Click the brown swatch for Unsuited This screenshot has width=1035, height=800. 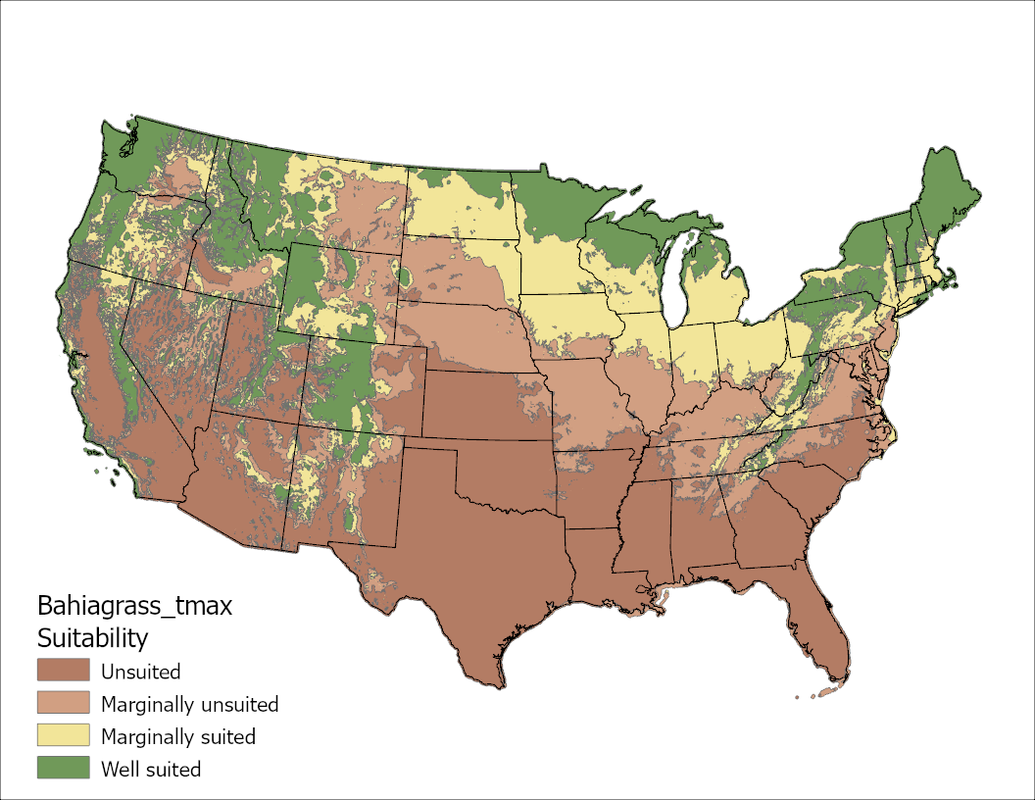63,672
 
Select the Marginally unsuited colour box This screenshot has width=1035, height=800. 63,704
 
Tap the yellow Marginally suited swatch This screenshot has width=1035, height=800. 63,736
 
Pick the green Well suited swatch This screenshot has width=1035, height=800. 63,769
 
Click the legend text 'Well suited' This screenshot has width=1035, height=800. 151,770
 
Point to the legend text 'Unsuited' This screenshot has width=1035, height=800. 140,673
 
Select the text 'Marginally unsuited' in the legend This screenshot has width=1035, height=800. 189,705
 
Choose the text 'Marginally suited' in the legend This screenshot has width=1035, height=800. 177,737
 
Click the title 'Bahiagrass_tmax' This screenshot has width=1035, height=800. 134,605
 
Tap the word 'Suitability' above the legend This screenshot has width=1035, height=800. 92,638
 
